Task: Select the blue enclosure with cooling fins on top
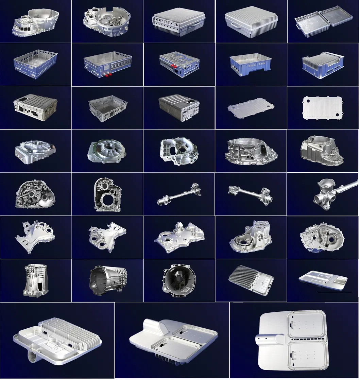coord(321,65)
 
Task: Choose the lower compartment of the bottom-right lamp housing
coord(306,358)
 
